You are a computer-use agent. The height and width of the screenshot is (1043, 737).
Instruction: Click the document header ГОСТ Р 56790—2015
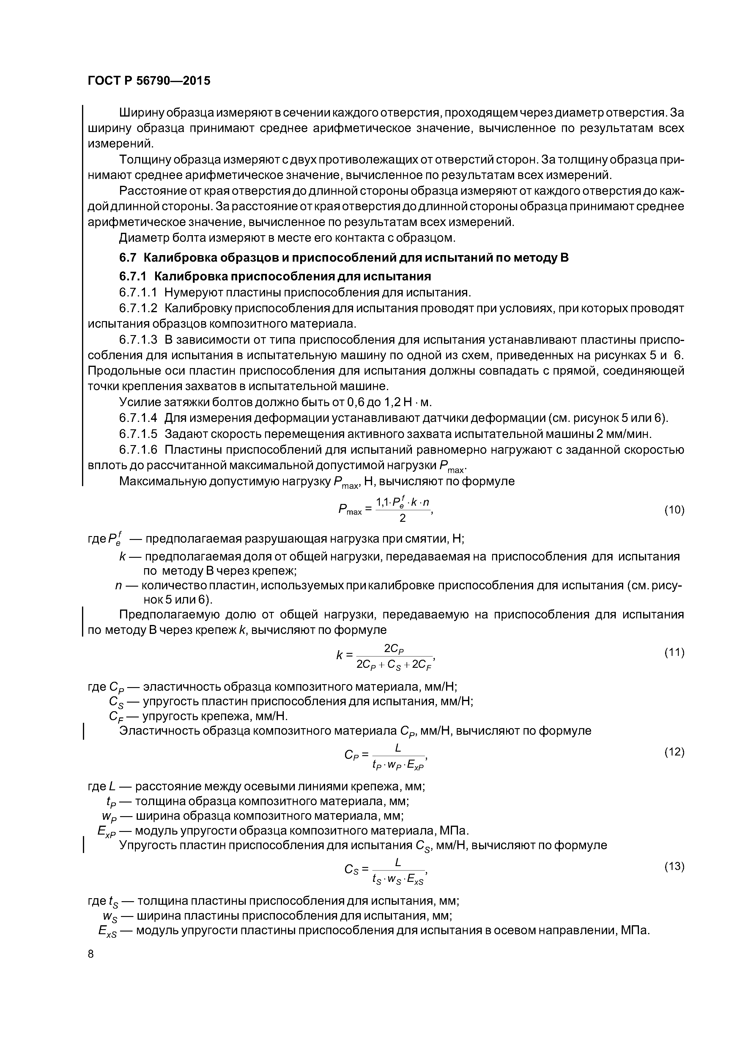(149, 81)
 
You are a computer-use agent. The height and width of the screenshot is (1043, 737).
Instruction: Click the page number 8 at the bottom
(90, 954)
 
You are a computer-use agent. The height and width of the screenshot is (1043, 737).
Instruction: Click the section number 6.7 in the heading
(127, 257)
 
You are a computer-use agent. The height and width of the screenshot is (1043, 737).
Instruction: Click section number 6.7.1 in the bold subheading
(134, 276)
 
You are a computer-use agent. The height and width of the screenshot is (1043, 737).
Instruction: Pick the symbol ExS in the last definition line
(107, 932)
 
